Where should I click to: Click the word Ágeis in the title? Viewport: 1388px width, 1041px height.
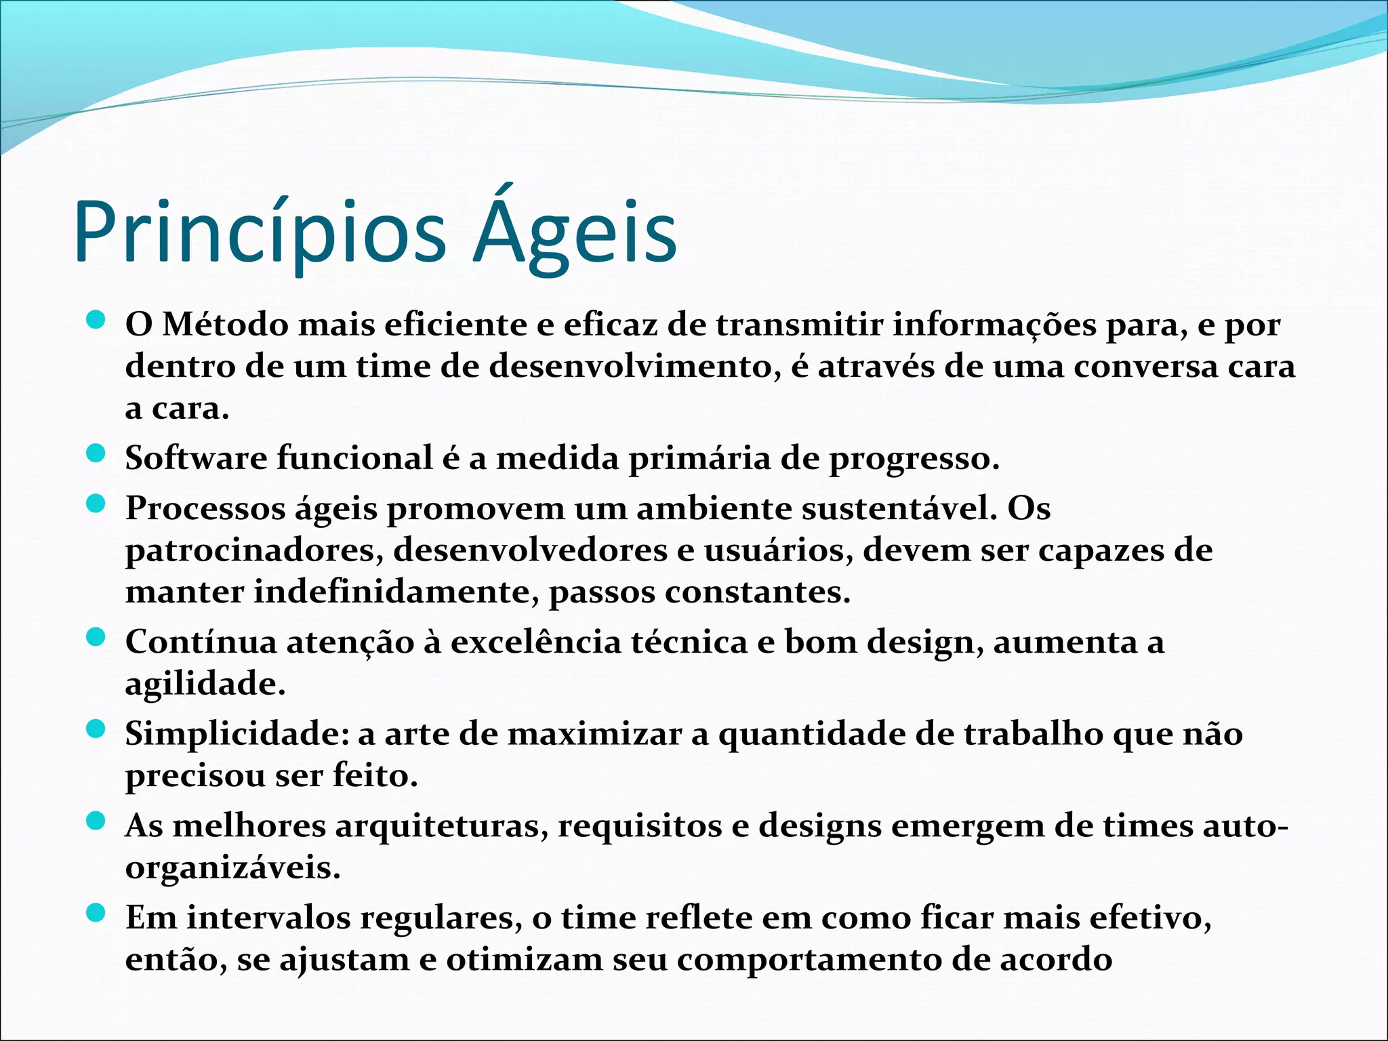pos(575,232)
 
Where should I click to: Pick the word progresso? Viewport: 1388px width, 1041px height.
pos(914,459)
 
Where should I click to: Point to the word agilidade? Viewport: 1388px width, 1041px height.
pos(205,684)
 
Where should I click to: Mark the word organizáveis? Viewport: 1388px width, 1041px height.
pos(232,868)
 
